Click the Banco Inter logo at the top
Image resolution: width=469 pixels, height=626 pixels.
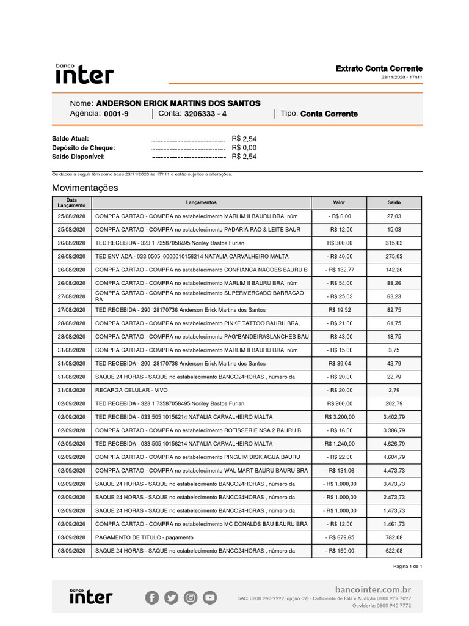(x=84, y=73)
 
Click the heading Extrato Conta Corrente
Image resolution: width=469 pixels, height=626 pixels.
(x=379, y=68)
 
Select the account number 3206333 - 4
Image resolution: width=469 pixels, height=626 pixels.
(x=205, y=114)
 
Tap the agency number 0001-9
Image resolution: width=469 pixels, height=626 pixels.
(x=116, y=114)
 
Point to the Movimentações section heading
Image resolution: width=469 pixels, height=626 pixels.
(x=85, y=188)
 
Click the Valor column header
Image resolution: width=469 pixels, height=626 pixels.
(x=338, y=202)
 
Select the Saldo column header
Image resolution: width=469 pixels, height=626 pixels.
(x=394, y=202)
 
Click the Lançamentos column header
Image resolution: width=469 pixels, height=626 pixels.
(x=201, y=202)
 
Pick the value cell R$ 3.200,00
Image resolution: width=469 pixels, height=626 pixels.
(x=338, y=417)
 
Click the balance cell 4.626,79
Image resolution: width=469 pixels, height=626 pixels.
(x=394, y=444)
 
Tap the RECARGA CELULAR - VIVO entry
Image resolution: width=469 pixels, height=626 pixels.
(x=131, y=390)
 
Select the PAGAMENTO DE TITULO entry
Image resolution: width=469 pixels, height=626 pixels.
(x=144, y=537)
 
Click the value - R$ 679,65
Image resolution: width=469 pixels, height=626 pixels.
(x=338, y=537)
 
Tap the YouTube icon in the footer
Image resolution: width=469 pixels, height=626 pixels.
(x=209, y=598)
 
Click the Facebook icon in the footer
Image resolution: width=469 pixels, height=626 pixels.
(x=152, y=598)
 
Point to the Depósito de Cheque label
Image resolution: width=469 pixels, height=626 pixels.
(x=84, y=148)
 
